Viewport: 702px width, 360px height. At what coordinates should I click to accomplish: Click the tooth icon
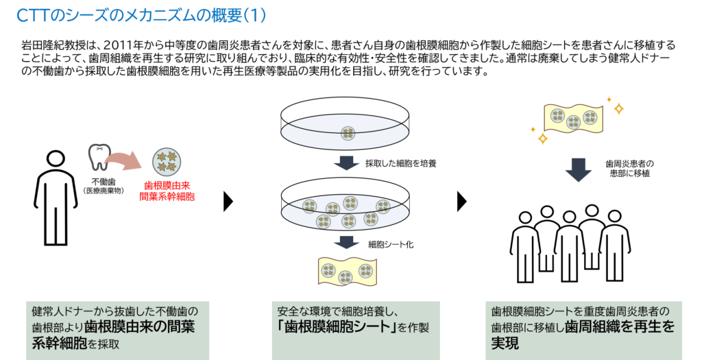click(x=99, y=157)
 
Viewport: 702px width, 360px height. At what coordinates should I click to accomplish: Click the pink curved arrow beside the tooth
click(x=126, y=160)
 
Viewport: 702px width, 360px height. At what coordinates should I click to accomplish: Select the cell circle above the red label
click(x=166, y=161)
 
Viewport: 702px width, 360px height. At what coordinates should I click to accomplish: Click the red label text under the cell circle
click(x=167, y=191)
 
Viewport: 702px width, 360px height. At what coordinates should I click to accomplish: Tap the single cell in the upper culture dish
click(x=348, y=132)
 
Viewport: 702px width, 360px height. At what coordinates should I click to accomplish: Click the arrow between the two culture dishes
click(x=346, y=163)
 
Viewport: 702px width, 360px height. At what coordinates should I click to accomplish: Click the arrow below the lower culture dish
click(x=346, y=243)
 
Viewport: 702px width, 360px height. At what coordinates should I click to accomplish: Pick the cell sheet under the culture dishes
click(x=346, y=270)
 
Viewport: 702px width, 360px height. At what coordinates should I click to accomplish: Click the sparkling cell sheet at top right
click(x=573, y=119)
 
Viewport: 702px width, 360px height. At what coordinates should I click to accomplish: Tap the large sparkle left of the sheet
click(x=542, y=139)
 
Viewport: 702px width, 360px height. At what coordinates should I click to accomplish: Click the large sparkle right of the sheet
click(x=618, y=108)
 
